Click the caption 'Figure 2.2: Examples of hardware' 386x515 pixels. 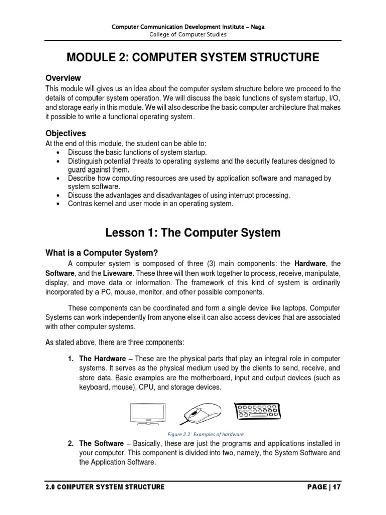point(206,434)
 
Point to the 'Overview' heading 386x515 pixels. point(63,78)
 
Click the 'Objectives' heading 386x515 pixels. point(66,133)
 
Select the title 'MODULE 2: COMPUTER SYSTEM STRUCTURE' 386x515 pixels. point(193,58)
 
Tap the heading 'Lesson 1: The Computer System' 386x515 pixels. point(193,233)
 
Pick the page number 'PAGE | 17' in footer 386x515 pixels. point(326,487)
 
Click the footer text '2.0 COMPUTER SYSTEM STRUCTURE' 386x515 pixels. point(105,487)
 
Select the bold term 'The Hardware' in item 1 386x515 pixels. point(103,358)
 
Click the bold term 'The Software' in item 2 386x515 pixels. point(102,443)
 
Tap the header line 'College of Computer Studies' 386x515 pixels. point(193,35)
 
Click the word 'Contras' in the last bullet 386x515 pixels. point(80,204)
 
